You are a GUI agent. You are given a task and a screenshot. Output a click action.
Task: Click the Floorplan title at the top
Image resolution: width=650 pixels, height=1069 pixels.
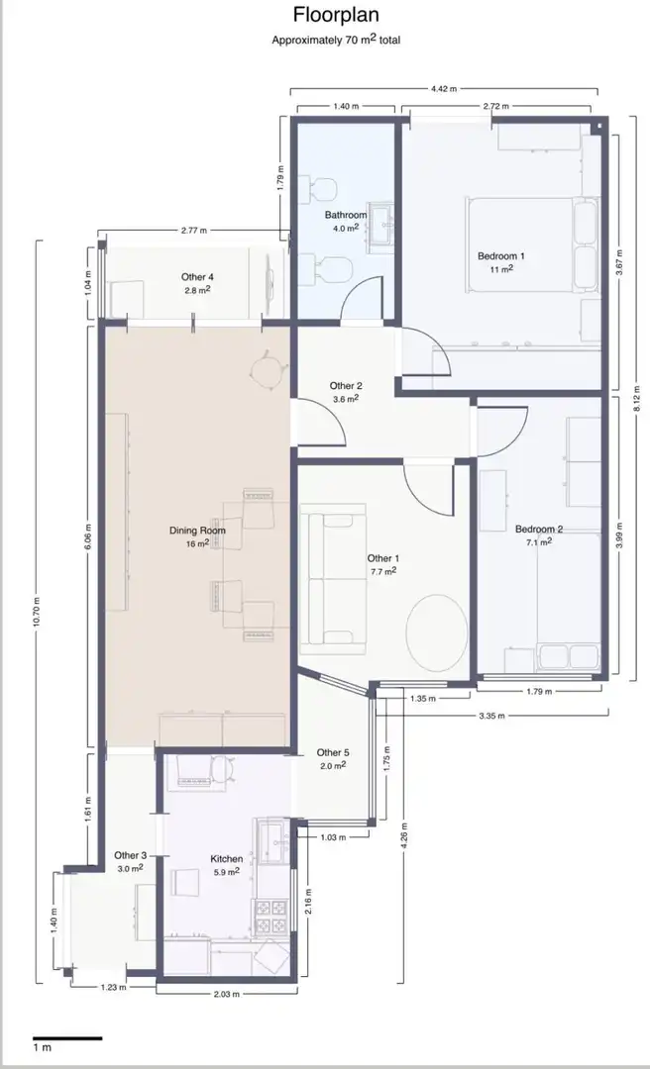pyautogui.click(x=336, y=14)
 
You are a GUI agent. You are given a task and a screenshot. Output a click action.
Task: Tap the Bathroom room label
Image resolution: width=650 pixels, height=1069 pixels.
pyautogui.click(x=346, y=215)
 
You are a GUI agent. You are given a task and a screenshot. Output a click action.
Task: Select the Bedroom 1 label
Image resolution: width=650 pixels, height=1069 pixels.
pyautogui.click(x=500, y=256)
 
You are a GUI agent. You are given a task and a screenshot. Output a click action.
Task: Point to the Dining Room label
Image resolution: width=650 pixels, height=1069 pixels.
pyautogui.click(x=197, y=531)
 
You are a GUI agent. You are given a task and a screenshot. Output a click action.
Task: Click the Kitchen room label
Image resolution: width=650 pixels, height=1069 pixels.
pyautogui.click(x=226, y=859)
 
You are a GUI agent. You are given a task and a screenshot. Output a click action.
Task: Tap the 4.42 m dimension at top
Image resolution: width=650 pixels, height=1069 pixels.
pyautogui.click(x=444, y=89)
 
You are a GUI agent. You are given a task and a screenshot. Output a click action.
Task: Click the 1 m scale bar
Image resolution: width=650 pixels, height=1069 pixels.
pyautogui.click(x=67, y=1038)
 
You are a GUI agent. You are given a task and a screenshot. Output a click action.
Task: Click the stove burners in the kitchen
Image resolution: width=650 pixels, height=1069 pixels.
pyautogui.click(x=271, y=917)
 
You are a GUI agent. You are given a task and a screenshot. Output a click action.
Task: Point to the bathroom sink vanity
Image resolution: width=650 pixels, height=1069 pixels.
pyautogui.click(x=380, y=228)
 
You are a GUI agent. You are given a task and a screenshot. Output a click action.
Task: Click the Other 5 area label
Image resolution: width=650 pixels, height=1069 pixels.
pyautogui.click(x=333, y=752)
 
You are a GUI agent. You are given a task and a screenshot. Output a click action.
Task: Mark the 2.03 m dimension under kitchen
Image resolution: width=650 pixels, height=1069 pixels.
pyautogui.click(x=227, y=994)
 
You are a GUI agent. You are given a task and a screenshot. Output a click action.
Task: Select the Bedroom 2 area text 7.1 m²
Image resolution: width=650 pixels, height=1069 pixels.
pyautogui.click(x=539, y=542)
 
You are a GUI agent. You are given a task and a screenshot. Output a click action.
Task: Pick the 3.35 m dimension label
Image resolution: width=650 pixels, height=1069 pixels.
pyautogui.click(x=491, y=716)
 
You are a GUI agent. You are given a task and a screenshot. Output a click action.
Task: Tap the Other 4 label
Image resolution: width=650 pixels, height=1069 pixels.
pyautogui.click(x=197, y=277)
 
